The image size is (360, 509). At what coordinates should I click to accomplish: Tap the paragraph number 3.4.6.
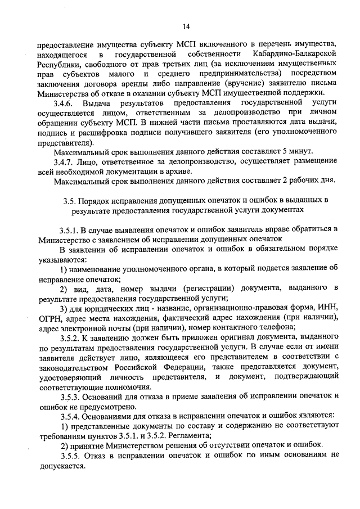(x=64, y=103)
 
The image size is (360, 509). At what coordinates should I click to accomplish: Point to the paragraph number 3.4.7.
(x=64, y=162)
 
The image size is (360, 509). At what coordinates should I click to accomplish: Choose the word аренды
(x=135, y=83)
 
